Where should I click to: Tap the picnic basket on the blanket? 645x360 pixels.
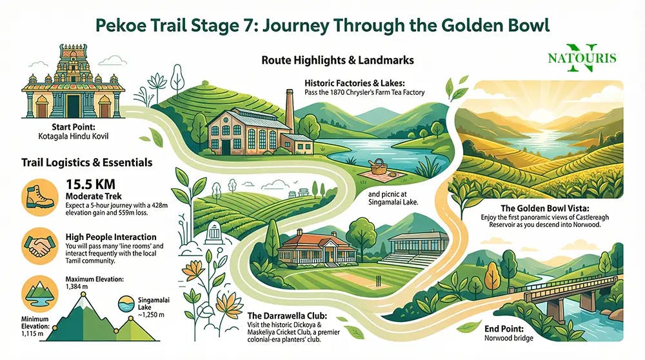[378, 168]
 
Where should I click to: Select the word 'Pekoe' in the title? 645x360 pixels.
[122, 27]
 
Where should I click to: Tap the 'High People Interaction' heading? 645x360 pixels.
[111, 237]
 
